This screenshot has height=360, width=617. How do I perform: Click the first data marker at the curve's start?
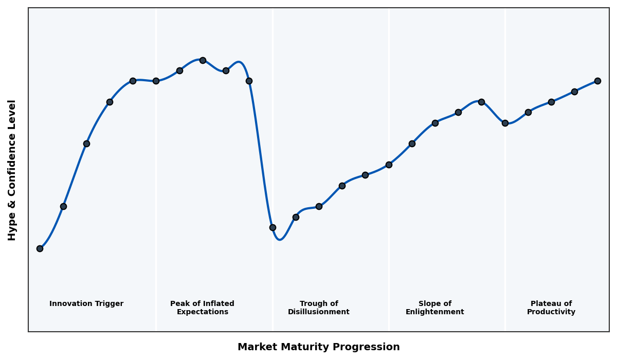tap(40, 248)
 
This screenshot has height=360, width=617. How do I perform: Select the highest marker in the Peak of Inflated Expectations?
tap(203, 60)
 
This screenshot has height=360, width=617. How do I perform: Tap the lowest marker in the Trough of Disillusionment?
tap(273, 227)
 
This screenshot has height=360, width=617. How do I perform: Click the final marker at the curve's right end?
tap(597, 81)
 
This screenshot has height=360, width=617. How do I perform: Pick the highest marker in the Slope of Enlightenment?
tap(481, 102)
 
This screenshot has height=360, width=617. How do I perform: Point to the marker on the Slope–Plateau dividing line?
tap(505, 123)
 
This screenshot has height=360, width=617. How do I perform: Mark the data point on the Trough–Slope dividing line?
tap(389, 165)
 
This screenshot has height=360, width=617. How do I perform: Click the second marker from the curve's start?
tap(63, 206)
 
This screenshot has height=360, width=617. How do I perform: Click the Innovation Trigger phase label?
tap(86, 304)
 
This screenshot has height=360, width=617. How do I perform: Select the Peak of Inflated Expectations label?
tap(202, 308)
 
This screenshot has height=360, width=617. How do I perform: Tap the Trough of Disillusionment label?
tap(319, 308)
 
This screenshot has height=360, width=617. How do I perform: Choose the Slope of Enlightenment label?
tap(435, 308)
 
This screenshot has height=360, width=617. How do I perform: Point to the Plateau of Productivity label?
tap(551, 308)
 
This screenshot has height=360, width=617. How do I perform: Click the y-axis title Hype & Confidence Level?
tap(12, 170)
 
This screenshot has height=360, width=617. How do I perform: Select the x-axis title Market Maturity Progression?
tap(319, 347)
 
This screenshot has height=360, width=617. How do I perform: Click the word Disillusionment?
tap(319, 312)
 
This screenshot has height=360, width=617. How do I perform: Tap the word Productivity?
tap(551, 312)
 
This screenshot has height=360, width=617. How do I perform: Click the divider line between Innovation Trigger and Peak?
tap(156, 206)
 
